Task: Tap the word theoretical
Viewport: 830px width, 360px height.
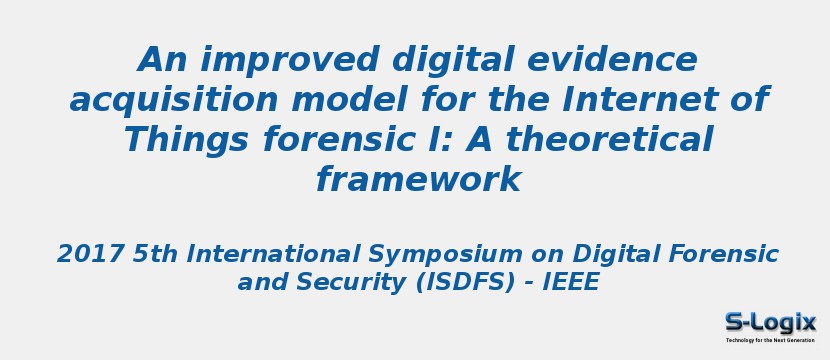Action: tap(606, 140)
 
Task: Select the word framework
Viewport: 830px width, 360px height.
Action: tap(417, 180)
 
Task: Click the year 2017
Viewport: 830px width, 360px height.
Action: tap(90, 254)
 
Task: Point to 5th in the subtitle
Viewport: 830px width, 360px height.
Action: tap(155, 254)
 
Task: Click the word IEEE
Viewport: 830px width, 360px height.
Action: tap(570, 283)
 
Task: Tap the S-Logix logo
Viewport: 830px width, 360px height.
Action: tap(770, 322)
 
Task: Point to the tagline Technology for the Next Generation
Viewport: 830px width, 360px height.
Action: tap(770, 341)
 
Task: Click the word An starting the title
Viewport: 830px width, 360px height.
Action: tap(164, 60)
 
